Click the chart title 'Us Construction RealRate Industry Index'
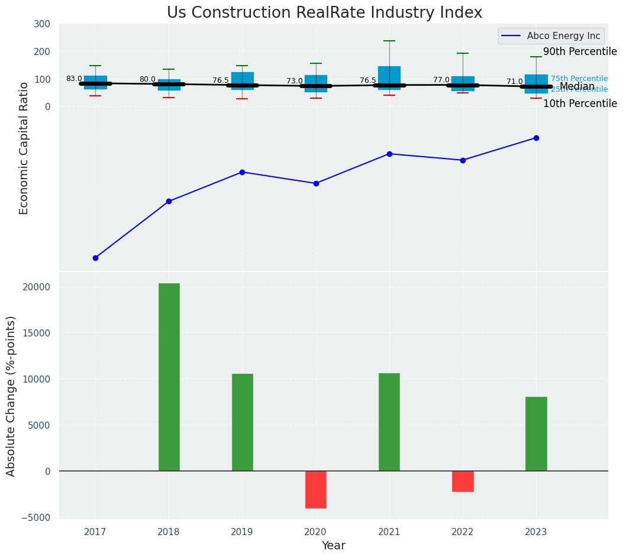[324, 13]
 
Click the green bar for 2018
[169, 377]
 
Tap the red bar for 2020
[316, 490]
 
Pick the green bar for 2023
[536, 433]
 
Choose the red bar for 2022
[463, 481]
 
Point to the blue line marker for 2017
[95, 258]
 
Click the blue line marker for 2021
[389, 154]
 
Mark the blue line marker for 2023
[536, 138]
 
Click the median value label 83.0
[74, 79]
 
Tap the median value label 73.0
[295, 81]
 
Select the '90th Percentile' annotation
[580, 51]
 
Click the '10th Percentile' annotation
[580, 103]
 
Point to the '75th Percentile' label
[579, 79]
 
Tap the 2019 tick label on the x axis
[242, 532]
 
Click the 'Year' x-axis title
[334, 546]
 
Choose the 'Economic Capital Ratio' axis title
[24, 148]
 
